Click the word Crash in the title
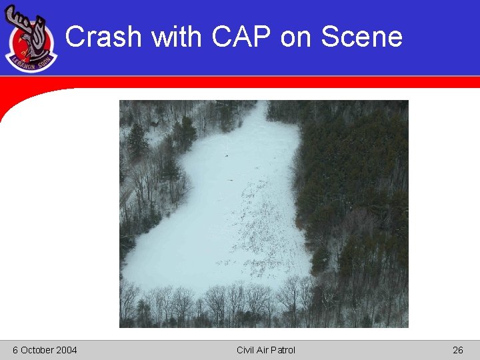(103, 37)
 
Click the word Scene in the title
(361, 37)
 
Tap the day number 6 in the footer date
(15, 350)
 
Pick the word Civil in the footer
(247, 350)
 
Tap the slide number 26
(457, 350)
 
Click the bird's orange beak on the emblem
(22, 51)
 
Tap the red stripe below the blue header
(267, 81)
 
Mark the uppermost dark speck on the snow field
(227, 156)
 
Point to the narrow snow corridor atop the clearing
(257, 120)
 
